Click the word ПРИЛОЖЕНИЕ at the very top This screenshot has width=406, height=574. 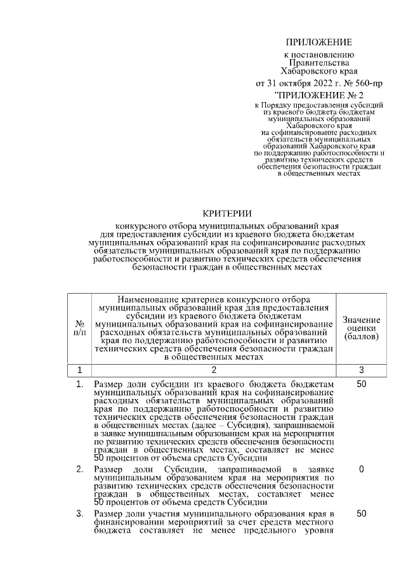click(318, 42)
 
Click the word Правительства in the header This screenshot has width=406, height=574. click(318, 63)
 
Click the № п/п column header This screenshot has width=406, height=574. click(79, 327)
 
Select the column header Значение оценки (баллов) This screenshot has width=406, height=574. click(361, 328)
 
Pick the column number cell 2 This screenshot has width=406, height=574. click(213, 370)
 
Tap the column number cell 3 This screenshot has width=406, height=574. click(361, 370)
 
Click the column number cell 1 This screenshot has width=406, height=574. click(79, 370)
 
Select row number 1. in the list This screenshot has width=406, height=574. click(79, 384)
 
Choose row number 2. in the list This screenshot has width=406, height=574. click(79, 469)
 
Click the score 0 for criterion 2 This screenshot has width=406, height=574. click(361, 469)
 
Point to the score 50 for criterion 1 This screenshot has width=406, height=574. click(361, 384)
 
